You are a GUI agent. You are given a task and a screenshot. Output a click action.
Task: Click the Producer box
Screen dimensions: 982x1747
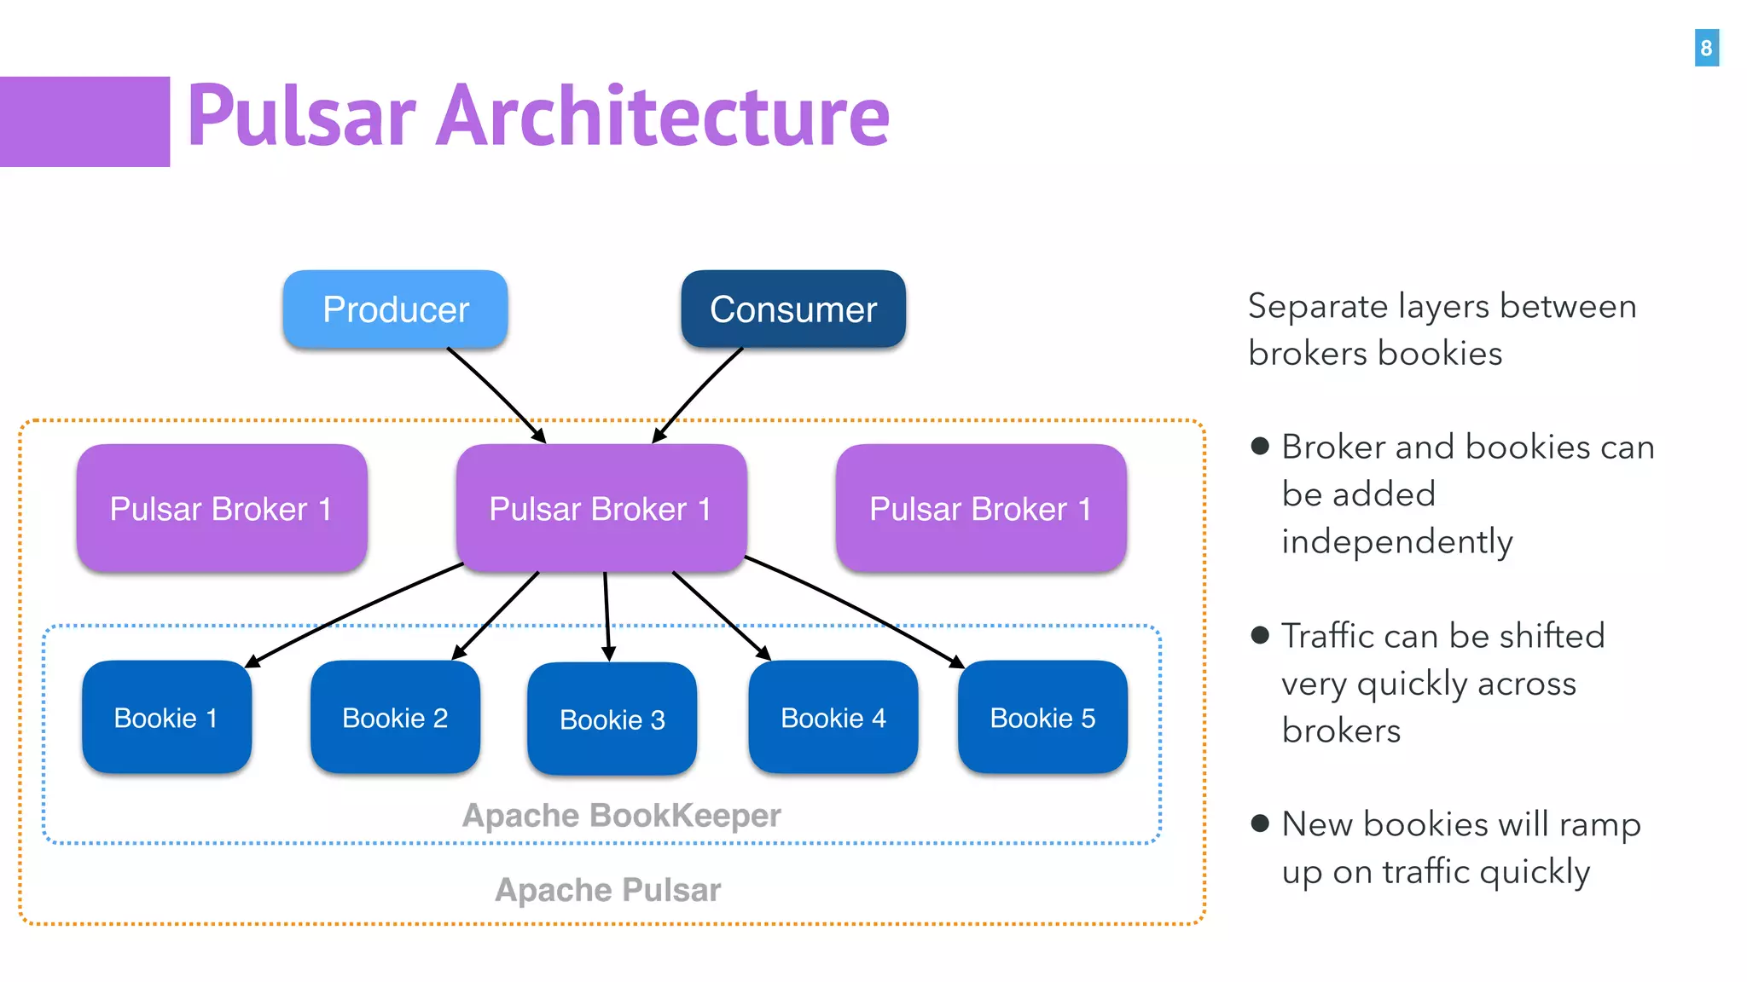point(395,309)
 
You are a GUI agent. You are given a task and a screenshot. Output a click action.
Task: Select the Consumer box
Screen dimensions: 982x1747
point(792,309)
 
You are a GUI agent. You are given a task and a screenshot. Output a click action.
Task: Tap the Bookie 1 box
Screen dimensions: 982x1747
point(166,718)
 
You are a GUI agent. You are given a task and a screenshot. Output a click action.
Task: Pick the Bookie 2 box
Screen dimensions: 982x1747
point(395,718)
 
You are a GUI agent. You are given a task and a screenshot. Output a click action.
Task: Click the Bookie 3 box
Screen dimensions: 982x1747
point(612,719)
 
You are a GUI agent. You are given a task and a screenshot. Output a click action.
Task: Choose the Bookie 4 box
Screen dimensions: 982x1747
point(833,718)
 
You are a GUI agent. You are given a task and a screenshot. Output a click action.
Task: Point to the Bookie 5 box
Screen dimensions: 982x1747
point(1042,718)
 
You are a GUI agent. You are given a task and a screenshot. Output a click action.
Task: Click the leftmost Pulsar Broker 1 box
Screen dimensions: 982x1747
point(222,509)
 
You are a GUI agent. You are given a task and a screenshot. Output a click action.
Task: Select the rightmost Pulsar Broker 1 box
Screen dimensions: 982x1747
point(981,509)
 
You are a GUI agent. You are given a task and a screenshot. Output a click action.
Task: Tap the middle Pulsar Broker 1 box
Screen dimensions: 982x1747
point(601,509)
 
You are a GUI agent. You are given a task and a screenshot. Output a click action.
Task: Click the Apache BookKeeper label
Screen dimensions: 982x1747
point(621,816)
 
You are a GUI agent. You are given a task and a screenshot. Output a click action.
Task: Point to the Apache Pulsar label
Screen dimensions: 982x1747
point(607,890)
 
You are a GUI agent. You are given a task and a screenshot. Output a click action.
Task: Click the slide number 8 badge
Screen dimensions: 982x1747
point(1706,48)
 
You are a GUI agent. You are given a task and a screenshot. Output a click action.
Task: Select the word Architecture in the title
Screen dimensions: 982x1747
point(663,117)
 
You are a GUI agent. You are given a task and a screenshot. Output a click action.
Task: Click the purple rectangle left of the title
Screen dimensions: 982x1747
point(84,122)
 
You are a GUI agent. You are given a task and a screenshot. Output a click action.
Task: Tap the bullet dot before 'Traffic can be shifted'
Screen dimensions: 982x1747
point(1260,635)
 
